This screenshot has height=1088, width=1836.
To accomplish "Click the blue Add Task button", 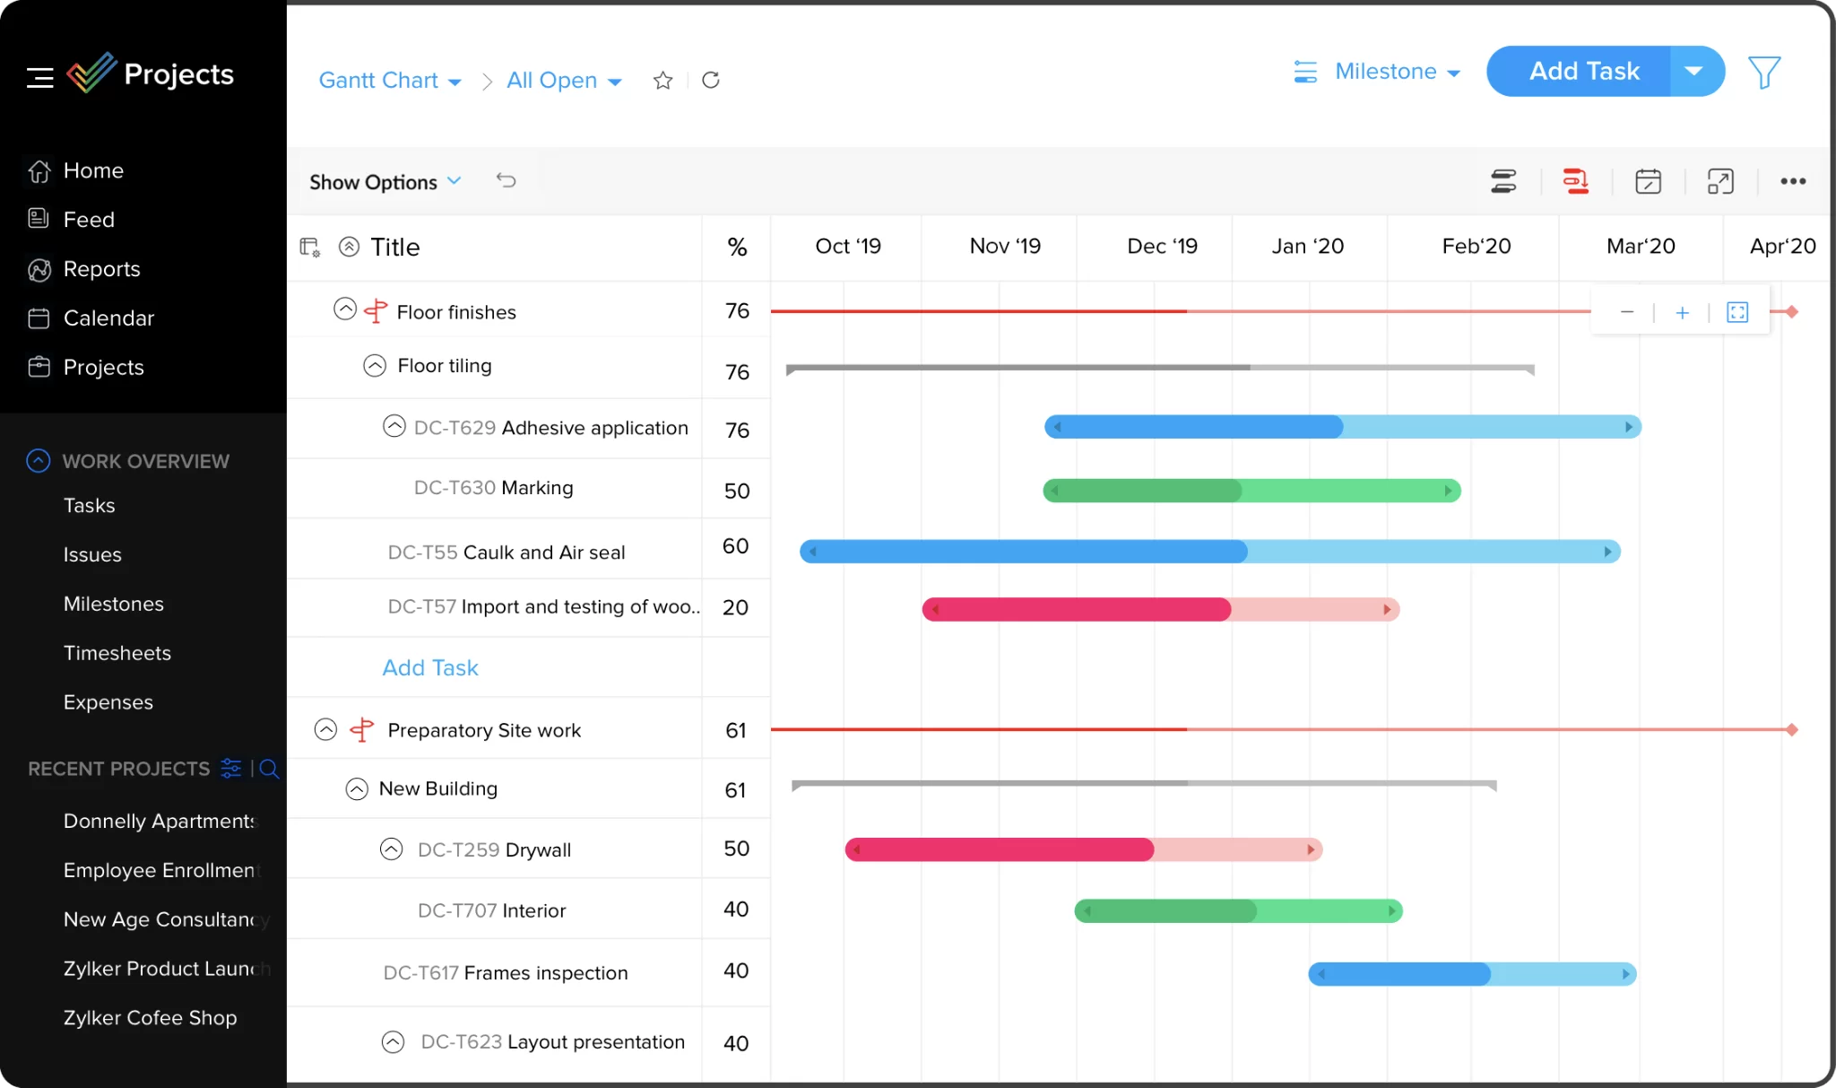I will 1582,72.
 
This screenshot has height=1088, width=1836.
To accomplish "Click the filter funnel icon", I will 1763,72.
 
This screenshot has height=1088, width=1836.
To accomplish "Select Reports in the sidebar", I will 101,269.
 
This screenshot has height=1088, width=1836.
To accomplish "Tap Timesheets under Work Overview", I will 117,653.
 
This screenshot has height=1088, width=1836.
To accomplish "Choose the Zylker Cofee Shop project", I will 150,1018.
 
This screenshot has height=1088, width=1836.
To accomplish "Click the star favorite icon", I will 663,81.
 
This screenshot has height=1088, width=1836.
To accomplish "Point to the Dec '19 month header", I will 1162,247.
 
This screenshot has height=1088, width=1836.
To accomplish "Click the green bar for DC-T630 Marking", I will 1251,491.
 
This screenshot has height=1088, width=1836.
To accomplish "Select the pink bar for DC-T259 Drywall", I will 1083,849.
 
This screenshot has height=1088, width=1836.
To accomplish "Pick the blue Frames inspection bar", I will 1472,974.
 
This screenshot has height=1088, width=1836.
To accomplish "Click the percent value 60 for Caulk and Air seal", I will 735,546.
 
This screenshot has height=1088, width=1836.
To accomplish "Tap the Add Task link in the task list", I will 430,668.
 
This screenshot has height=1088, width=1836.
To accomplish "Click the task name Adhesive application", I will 594,428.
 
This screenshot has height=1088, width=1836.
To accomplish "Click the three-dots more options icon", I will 1793,181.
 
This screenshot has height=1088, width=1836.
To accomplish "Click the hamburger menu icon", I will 39,78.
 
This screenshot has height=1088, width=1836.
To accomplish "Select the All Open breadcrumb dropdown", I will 563,81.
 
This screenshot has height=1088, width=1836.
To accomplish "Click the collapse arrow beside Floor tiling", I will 375,366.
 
